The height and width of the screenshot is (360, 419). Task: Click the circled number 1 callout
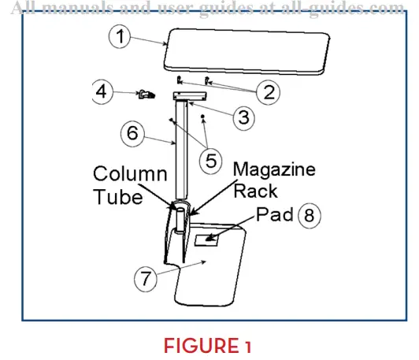(x=120, y=37)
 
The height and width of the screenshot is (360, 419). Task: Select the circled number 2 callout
(x=269, y=92)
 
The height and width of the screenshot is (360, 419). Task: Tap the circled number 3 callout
(x=243, y=117)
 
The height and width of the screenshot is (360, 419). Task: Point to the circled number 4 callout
(x=102, y=92)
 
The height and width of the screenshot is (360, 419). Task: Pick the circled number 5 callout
(x=210, y=161)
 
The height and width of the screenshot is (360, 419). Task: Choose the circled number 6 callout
(x=132, y=133)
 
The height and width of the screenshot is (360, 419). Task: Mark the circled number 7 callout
(x=146, y=278)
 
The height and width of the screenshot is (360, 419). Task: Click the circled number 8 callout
(x=310, y=215)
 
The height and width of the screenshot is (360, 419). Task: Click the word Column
(x=130, y=174)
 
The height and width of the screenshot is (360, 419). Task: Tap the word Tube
(x=118, y=197)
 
